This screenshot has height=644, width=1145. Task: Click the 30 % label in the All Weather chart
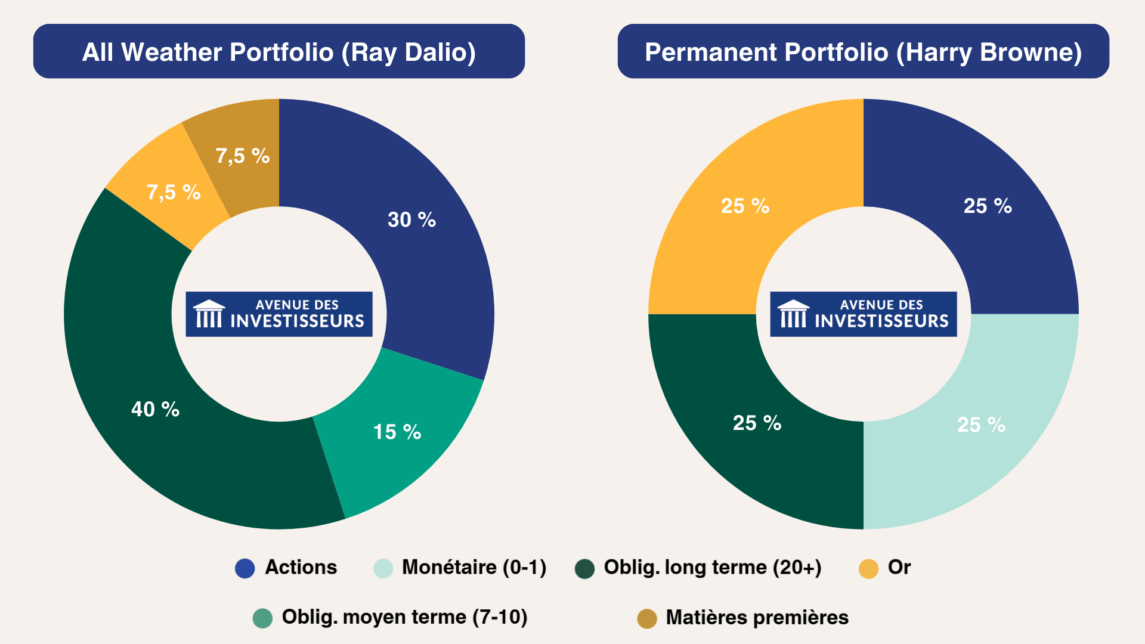[x=411, y=219]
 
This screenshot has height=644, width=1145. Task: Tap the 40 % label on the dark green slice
[x=155, y=409]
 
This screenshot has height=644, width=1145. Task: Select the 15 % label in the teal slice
[x=397, y=432]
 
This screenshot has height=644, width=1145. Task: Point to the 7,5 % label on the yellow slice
[x=174, y=192]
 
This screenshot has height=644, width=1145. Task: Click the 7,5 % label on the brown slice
[x=243, y=156]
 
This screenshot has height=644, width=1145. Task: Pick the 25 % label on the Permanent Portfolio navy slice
[x=988, y=206]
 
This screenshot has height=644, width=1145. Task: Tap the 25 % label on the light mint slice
[x=981, y=425]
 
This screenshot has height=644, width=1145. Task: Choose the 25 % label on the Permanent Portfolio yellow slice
[x=745, y=206]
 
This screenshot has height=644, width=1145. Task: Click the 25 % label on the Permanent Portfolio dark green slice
[x=757, y=423]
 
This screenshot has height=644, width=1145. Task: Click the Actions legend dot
[x=245, y=568]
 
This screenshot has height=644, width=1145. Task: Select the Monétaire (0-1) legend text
[x=474, y=567]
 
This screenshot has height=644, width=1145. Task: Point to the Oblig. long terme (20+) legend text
[x=713, y=567]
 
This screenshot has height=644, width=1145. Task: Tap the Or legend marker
[x=868, y=568]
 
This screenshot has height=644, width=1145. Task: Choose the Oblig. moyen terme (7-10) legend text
[x=404, y=617]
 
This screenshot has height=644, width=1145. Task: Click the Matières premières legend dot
[x=647, y=618]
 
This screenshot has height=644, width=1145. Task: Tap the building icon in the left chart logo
[x=209, y=314]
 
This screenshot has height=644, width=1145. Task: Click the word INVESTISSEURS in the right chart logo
[x=881, y=321]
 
